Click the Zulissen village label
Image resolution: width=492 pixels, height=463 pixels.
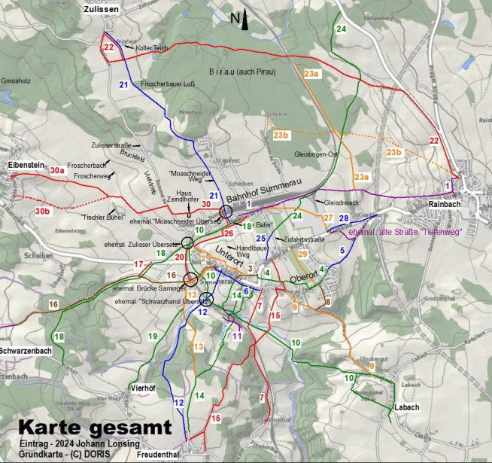pyautogui.click(x=104, y=8)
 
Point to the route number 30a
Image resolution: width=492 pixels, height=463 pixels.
pyautogui.click(x=58, y=171)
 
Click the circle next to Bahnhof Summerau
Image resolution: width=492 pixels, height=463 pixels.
pyautogui.click(x=226, y=212)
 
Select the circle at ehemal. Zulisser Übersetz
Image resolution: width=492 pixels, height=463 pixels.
pyautogui.click(x=187, y=242)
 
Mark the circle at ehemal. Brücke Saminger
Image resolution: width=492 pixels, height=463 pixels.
pyautogui.click(x=191, y=280)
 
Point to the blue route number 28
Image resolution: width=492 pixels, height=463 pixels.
pyautogui.click(x=344, y=218)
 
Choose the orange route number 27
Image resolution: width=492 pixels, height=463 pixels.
pyautogui.click(x=328, y=218)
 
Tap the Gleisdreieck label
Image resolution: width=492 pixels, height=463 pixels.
pyautogui.click(x=341, y=203)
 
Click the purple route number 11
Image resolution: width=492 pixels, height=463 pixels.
pyautogui.click(x=238, y=337)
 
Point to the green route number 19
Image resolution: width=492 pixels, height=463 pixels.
pyautogui.click(x=153, y=336)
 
